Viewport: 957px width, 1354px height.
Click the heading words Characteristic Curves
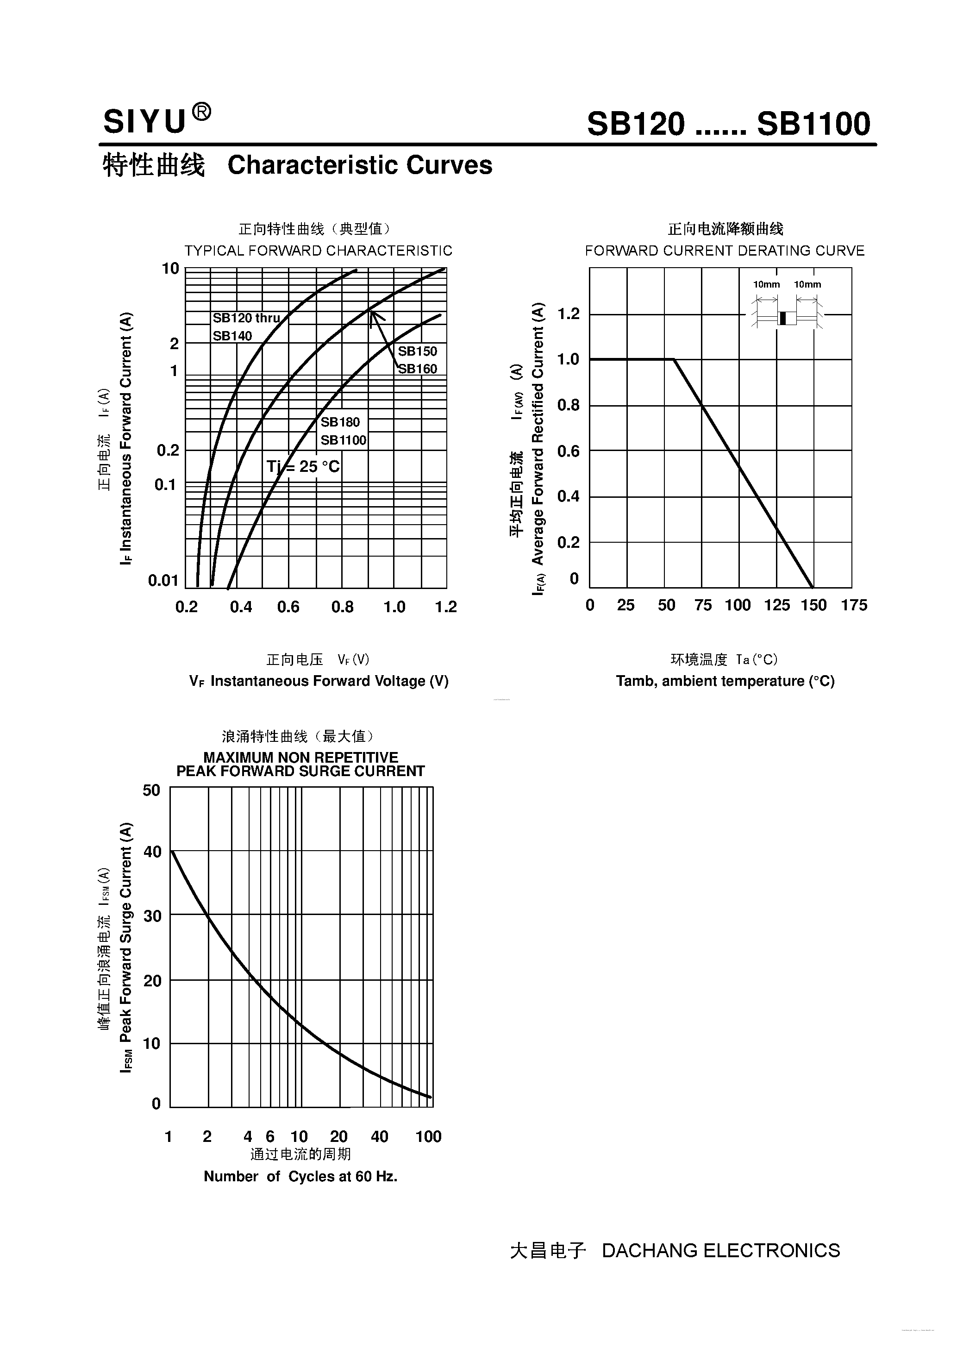360,165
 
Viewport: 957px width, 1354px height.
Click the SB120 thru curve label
246,318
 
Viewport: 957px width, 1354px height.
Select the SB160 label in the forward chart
418,369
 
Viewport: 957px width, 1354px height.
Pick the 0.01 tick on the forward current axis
163,581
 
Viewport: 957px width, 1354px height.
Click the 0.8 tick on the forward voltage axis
342,607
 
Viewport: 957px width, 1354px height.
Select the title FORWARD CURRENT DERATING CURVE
724,251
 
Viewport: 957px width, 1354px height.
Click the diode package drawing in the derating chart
787,318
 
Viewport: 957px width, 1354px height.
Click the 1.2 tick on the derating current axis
569,314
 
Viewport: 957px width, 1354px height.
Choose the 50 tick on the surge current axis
151,790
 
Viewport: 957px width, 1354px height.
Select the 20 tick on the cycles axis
338,1136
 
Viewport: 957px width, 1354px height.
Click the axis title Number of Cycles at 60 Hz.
300,1177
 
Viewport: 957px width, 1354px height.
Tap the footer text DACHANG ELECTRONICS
720,1250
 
